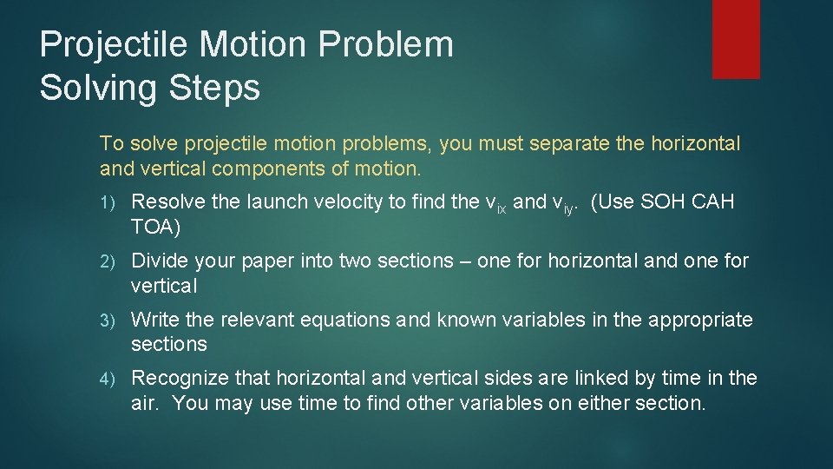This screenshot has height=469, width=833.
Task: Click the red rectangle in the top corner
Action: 736,39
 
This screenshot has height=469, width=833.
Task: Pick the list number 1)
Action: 108,202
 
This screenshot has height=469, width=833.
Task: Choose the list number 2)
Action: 108,261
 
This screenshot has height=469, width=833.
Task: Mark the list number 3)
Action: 108,320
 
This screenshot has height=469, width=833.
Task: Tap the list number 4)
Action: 108,379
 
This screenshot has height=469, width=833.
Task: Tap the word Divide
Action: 159,261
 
